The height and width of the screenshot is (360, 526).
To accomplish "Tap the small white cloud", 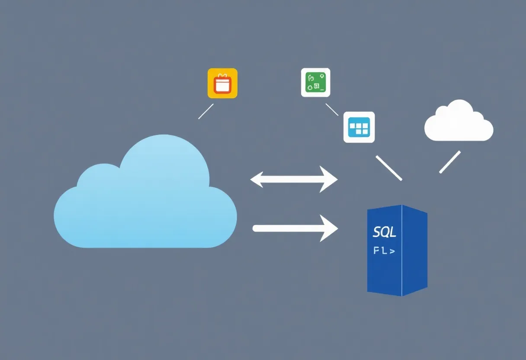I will click(459, 123).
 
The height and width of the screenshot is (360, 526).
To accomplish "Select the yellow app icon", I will click(222, 83).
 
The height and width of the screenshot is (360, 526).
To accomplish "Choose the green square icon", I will click(315, 82).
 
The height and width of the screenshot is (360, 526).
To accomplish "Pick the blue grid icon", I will click(359, 127).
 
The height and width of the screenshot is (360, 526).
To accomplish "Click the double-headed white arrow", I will click(294, 179).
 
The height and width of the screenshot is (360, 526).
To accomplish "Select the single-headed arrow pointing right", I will click(294, 228).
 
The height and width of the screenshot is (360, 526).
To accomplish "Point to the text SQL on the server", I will click(384, 232).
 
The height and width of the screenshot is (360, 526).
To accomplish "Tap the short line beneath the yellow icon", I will click(206, 111).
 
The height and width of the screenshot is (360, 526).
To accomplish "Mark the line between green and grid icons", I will click(332, 109).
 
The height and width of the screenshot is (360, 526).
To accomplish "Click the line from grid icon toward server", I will click(389, 168).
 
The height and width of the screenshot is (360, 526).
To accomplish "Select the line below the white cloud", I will click(450, 162).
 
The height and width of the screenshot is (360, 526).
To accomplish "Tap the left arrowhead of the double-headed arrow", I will click(258, 179).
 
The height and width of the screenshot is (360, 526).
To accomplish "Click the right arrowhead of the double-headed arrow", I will click(330, 179).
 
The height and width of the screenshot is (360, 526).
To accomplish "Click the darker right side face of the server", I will click(414, 251).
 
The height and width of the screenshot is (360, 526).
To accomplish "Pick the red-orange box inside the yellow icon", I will click(222, 84).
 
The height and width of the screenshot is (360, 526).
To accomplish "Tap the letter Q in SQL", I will click(385, 232).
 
